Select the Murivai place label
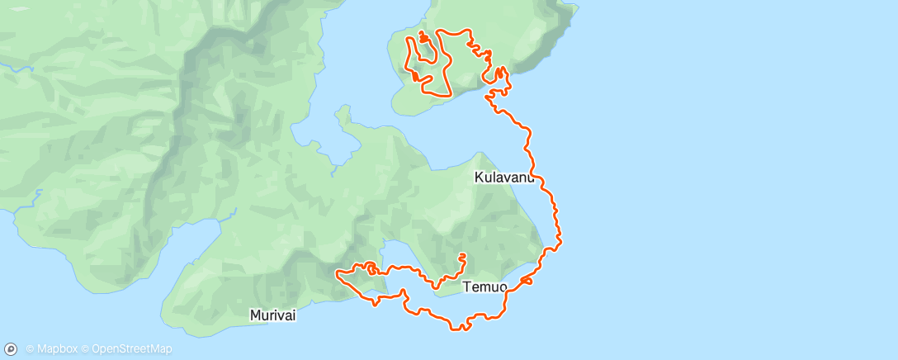click(x=273, y=315)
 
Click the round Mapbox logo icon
click(x=11, y=349)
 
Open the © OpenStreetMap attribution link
click(x=131, y=349)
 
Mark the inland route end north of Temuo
click(x=462, y=255)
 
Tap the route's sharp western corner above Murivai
click(x=337, y=271)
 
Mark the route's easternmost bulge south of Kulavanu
click(x=560, y=241)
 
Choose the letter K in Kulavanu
click(x=480, y=177)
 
